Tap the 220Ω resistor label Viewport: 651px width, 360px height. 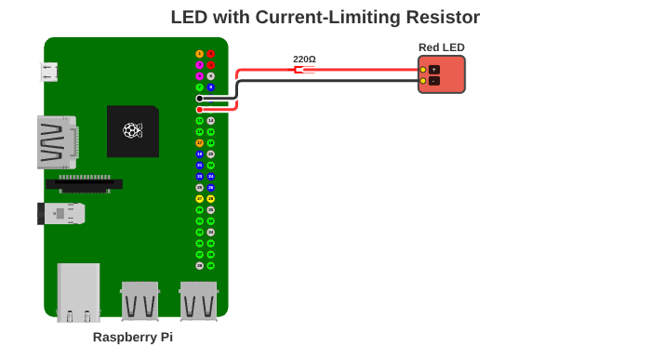(x=304, y=59)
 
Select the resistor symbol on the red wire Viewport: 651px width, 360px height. (x=299, y=70)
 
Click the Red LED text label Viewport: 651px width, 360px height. (x=441, y=47)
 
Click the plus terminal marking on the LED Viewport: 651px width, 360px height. (x=434, y=70)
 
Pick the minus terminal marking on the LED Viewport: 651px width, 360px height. (x=434, y=81)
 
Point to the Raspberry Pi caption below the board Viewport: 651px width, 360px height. (x=133, y=337)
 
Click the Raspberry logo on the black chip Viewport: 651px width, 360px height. (x=132, y=130)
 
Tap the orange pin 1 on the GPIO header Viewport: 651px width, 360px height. (x=200, y=54)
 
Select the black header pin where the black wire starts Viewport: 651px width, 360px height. (x=200, y=99)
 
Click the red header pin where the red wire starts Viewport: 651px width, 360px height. (x=200, y=110)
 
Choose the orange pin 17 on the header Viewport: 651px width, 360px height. (x=200, y=143)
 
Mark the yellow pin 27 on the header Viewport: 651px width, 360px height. (x=200, y=199)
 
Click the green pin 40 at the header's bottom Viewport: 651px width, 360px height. (x=211, y=265)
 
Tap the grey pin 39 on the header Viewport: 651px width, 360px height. (x=200, y=265)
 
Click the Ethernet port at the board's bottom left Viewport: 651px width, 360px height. (x=78, y=292)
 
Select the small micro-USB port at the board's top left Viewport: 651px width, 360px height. (x=49, y=72)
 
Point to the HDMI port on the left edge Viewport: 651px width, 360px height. (x=56, y=141)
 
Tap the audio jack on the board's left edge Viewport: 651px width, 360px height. (x=61, y=214)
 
